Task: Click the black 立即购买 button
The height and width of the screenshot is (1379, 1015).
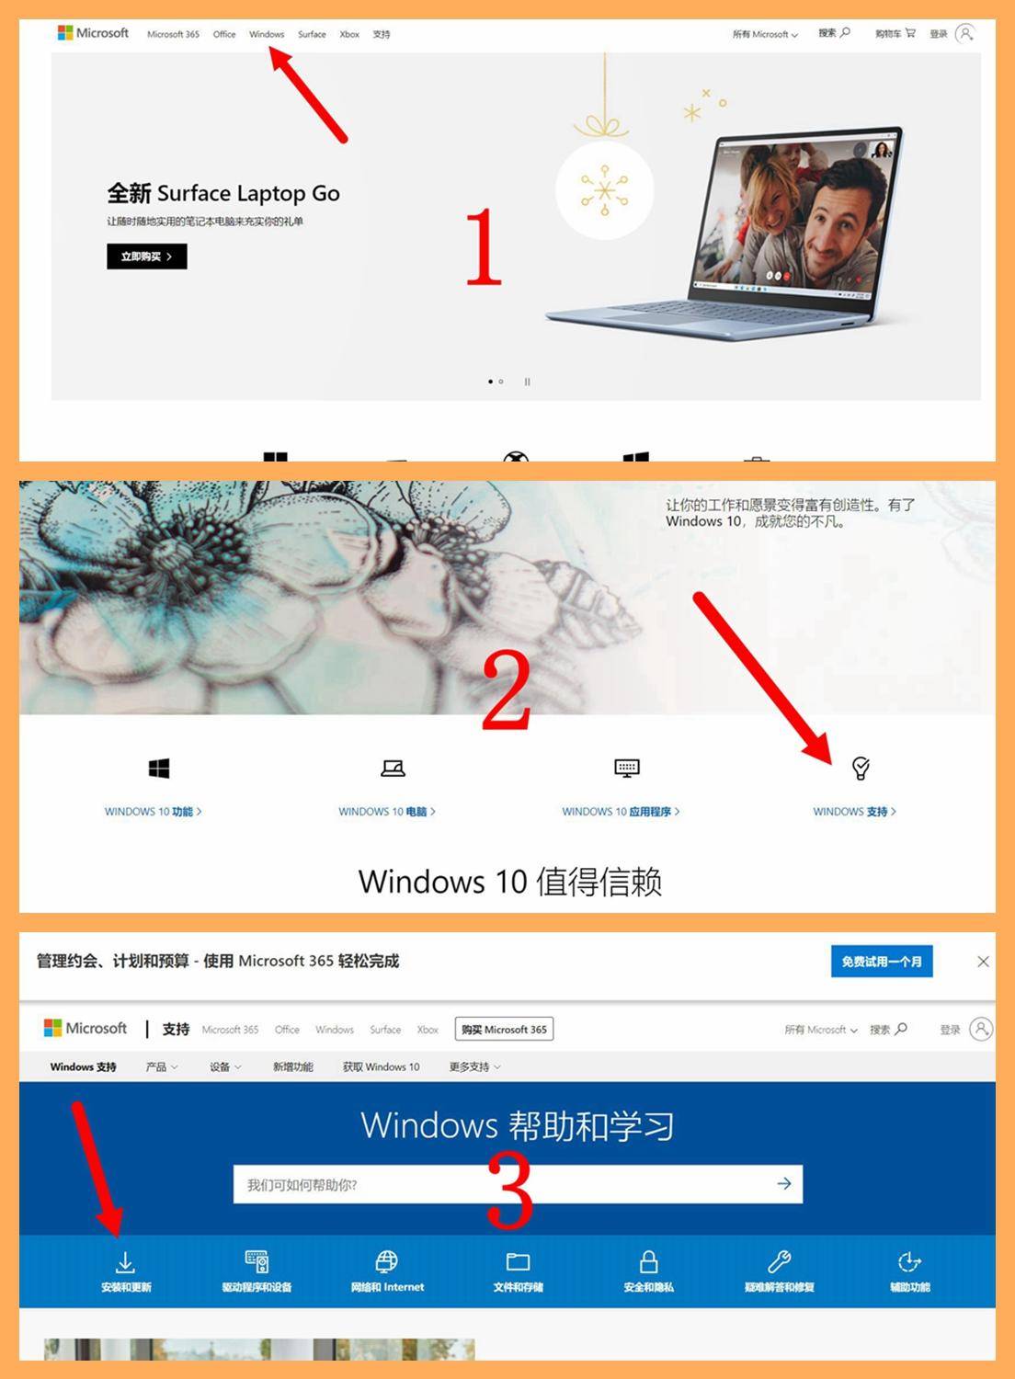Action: [x=146, y=256]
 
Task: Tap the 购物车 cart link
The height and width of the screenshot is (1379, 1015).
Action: [x=895, y=34]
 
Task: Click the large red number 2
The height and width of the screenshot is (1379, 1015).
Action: [x=506, y=691]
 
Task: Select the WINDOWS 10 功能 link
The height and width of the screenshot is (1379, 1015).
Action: [x=153, y=812]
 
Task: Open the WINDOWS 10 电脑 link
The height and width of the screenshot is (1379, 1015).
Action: [x=386, y=812]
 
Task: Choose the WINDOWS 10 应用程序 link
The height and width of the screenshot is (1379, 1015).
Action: [x=621, y=812]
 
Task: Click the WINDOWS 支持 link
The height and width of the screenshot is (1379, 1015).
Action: [x=854, y=812]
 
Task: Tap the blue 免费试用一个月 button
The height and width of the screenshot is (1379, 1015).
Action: [x=882, y=962]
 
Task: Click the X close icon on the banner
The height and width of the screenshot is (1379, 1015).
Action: [x=983, y=962]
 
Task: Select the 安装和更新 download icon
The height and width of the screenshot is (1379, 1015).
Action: [x=126, y=1261]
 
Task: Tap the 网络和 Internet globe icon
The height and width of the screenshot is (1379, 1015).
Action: [x=387, y=1261]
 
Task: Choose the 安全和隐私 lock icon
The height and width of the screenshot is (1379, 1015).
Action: [x=648, y=1261]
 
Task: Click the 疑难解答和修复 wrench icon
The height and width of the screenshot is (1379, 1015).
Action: [x=780, y=1261]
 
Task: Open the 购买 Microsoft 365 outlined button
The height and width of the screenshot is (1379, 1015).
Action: [x=504, y=1030]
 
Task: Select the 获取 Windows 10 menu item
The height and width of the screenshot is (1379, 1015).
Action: [x=381, y=1067]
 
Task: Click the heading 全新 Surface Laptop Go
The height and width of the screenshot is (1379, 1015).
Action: [x=223, y=193]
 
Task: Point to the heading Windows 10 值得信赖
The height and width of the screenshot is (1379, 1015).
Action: [x=509, y=882]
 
